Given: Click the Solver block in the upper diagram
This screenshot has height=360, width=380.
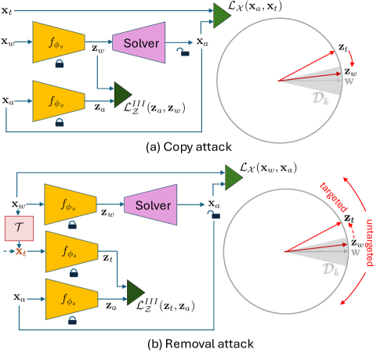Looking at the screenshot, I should (x=139, y=42).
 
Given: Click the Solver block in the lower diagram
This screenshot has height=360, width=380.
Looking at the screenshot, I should (x=150, y=204).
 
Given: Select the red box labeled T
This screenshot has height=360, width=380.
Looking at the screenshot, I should (x=19, y=228).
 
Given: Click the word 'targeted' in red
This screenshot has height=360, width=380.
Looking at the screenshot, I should (x=334, y=196).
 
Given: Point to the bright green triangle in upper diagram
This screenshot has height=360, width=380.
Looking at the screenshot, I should (x=222, y=14).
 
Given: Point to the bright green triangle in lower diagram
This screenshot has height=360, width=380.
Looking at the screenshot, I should (x=233, y=177).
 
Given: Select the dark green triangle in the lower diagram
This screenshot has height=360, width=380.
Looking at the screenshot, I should (x=135, y=293).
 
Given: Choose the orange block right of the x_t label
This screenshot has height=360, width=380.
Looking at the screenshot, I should (x=71, y=252).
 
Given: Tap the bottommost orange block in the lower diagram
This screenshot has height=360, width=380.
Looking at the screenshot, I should (x=71, y=299).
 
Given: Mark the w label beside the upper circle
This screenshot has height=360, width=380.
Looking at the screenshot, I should (x=349, y=81).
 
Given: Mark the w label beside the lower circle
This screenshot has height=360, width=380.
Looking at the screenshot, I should (x=355, y=252).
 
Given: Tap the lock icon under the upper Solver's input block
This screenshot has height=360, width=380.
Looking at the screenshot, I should (x=60, y=67).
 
